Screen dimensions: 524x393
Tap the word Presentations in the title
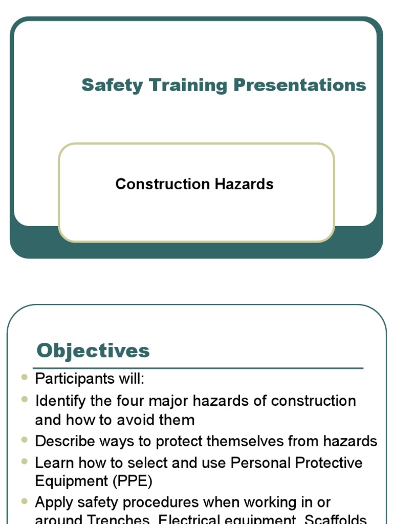(300, 85)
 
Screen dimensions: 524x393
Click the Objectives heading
(93, 351)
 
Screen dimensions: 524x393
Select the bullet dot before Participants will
(25, 378)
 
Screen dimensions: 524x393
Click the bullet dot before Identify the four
(25, 399)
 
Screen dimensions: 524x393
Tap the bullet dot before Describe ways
(25, 440)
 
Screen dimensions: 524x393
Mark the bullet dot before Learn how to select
(25, 461)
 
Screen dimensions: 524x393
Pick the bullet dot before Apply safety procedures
(25, 501)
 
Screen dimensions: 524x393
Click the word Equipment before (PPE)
(69, 482)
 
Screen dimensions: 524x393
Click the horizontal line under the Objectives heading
(198, 368)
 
